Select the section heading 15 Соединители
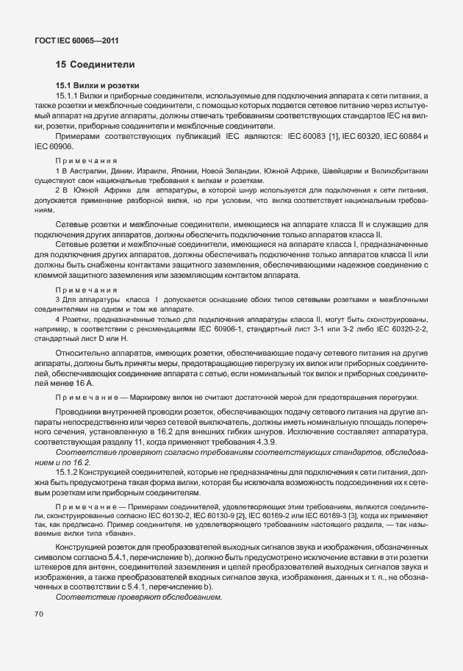(x=95, y=65)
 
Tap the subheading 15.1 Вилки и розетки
(x=97, y=86)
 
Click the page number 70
(x=39, y=613)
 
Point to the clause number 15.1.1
(x=68, y=96)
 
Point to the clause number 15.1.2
(x=68, y=471)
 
